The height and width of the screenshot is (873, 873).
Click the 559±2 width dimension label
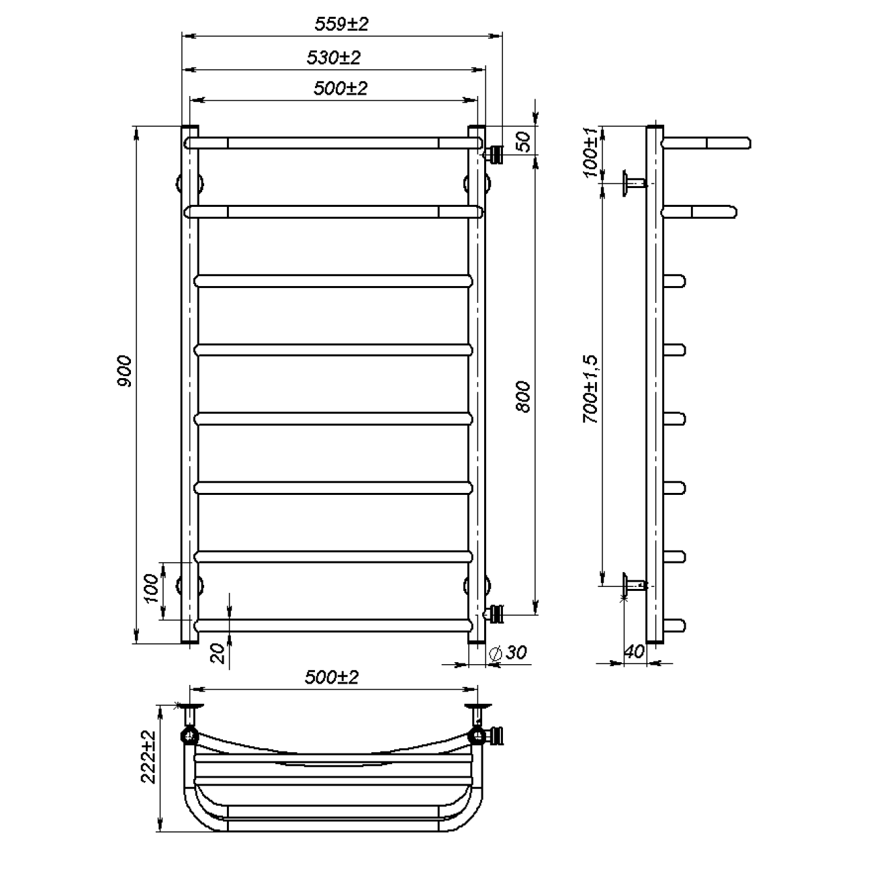pyautogui.click(x=342, y=24)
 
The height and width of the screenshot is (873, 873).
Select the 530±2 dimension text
pyautogui.click(x=334, y=58)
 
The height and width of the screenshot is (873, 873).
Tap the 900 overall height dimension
pyautogui.click(x=124, y=371)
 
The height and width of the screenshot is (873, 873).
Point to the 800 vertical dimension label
pyautogui.click(x=523, y=397)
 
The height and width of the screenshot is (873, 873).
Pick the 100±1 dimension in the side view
pyautogui.click(x=590, y=152)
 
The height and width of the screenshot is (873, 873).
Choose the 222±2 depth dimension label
pyautogui.click(x=148, y=757)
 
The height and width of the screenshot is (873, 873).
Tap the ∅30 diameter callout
pyautogui.click(x=508, y=653)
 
